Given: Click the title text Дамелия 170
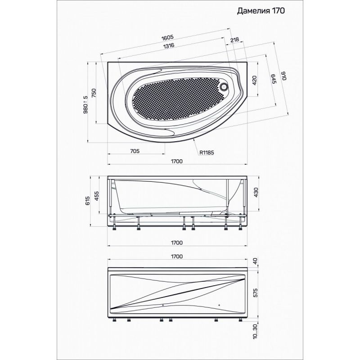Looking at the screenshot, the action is pyautogui.click(x=261, y=11).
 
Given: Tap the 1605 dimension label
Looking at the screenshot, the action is pyautogui.click(x=167, y=38).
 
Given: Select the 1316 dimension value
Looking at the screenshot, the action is pyautogui.click(x=169, y=46).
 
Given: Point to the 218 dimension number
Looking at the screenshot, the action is pyautogui.click(x=234, y=40).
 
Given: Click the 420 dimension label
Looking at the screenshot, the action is pyautogui.click(x=254, y=81).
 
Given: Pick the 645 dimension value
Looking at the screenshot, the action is pyautogui.click(x=274, y=79).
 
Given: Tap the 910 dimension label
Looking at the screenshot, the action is pyautogui.click(x=284, y=76).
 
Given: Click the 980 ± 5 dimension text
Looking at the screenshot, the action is pyautogui.click(x=85, y=105).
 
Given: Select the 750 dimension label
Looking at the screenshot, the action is pyautogui.click(x=94, y=93).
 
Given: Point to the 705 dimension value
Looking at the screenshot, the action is pyautogui.click(x=135, y=151).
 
